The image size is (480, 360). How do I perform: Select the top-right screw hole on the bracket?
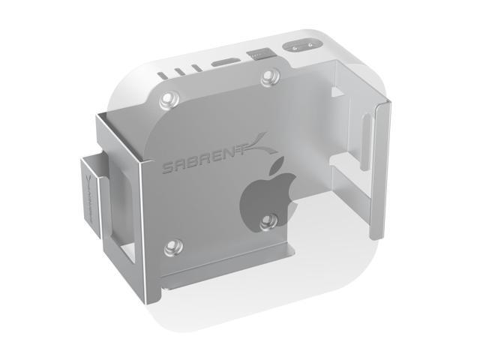[268, 76]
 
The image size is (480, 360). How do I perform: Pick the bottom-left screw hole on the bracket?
[172, 247]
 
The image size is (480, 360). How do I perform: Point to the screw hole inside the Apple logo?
[267, 221]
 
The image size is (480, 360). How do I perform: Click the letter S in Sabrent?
[168, 167]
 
